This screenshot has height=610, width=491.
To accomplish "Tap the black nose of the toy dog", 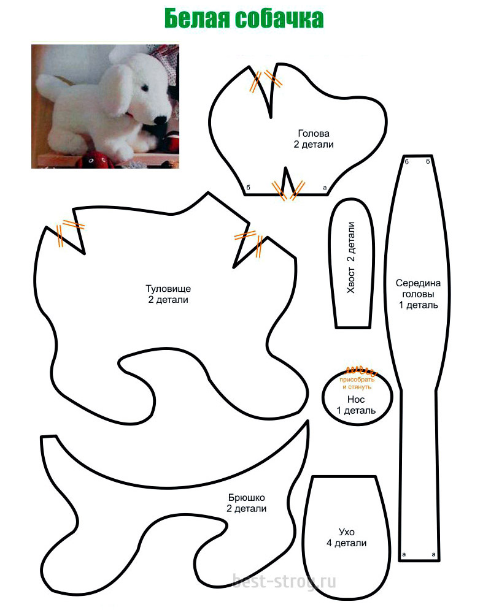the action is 160,119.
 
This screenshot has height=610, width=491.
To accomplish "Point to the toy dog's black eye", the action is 145,87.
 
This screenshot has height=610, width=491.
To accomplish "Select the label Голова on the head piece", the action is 314,134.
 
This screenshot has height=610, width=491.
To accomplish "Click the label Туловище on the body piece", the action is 168,289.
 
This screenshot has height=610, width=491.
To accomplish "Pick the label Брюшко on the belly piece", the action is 247,498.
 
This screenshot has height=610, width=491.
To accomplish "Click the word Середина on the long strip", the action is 418,283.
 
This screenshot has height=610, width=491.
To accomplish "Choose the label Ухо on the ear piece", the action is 347,532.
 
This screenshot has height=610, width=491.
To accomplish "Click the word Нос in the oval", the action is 356,399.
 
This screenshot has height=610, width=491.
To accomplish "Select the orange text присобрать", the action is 357,379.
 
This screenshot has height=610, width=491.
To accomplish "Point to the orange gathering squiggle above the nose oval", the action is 361,369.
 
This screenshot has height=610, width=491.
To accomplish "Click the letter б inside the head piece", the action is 249,188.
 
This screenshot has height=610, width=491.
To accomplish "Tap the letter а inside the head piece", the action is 325,188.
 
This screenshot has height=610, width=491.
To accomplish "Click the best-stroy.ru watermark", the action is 284,582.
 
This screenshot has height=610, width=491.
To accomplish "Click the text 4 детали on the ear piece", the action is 347,543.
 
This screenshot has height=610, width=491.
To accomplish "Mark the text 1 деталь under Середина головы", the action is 418,305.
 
